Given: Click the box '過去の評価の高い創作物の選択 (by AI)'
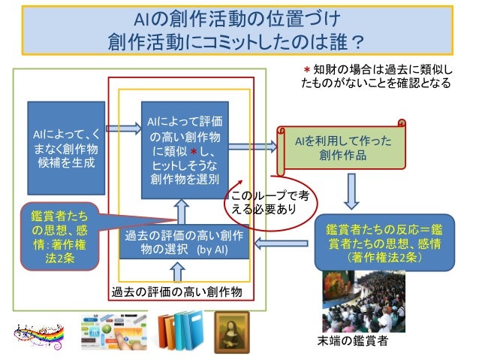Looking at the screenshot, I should coord(185,243).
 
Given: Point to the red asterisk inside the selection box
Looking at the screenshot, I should coord(192,153).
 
